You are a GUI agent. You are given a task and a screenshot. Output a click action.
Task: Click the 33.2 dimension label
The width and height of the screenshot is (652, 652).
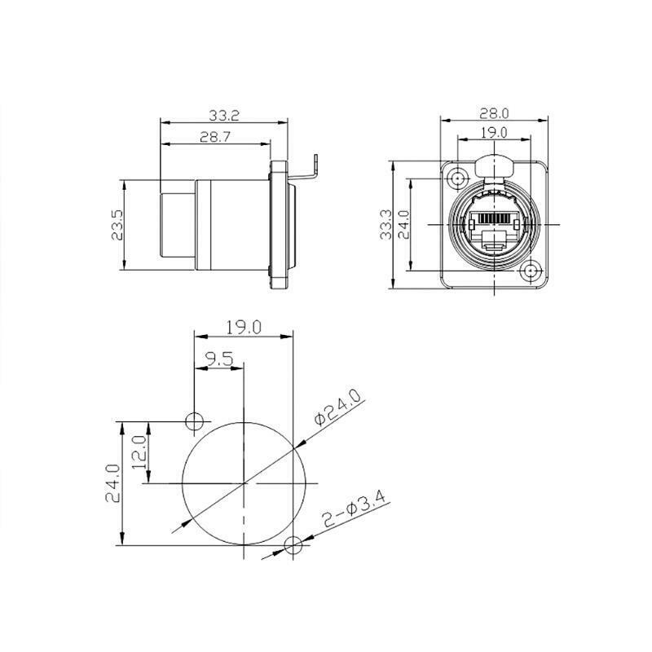coord(224,115)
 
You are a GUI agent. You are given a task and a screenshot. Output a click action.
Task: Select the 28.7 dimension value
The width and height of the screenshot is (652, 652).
coord(215,137)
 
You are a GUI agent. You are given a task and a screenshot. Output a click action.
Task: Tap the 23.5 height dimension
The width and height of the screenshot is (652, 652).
coord(117,225)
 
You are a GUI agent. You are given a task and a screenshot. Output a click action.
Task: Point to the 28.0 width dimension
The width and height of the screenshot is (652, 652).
coord(494,113)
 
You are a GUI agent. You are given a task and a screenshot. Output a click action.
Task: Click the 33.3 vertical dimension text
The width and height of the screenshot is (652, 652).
coord(386,225)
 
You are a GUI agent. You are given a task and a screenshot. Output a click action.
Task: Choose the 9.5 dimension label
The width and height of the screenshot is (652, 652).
coord(219,359)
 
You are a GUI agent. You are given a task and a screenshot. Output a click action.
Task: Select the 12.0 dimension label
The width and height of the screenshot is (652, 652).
coord(139,452)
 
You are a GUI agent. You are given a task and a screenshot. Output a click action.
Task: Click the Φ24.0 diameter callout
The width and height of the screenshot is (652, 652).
coord(337,408)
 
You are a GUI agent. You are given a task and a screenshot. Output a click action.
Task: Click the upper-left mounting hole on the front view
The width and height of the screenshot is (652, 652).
coord(457,179)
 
